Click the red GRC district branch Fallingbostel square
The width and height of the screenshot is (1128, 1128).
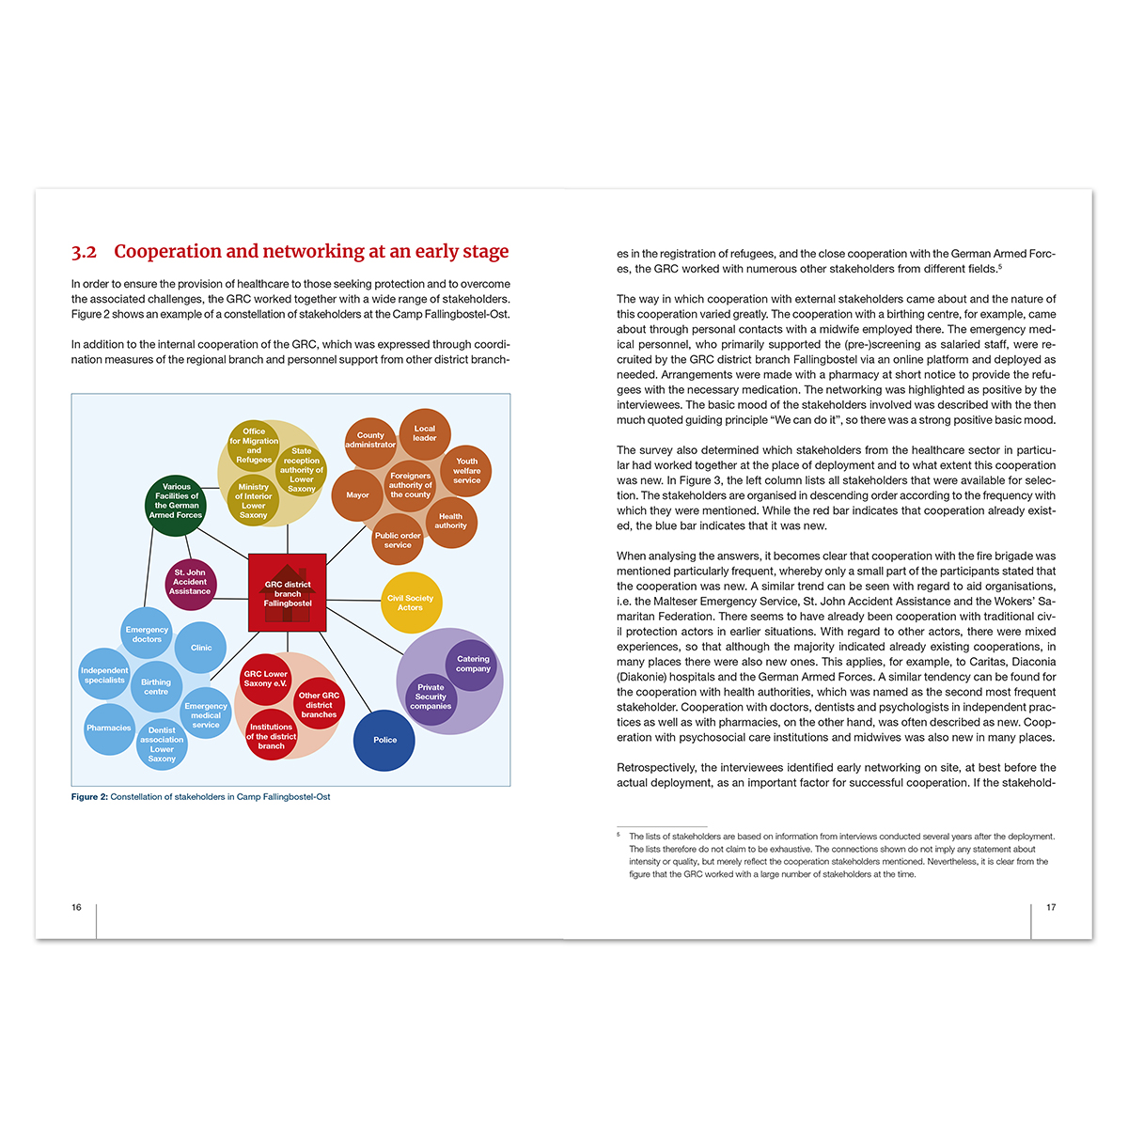click(288, 592)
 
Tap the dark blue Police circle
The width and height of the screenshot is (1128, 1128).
click(384, 740)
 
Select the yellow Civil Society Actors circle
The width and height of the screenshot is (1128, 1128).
click(411, 603)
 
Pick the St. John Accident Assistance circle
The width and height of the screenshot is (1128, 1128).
click(190, 582)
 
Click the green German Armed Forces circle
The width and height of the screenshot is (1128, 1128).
click(176, 501)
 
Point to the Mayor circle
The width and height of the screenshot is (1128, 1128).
click(357, 495)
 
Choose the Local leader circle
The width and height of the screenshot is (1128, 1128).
click(425, 433)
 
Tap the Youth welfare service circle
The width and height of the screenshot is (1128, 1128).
click(466, 471)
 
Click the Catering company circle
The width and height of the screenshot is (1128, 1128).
click(473, 664)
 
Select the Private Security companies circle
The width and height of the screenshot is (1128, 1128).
click(431, 697)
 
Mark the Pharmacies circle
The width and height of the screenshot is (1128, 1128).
click(109, 728)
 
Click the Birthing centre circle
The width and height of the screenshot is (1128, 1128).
click(156, 687)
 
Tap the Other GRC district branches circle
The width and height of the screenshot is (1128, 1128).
click(319, 704)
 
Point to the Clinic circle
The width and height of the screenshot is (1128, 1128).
click(201, 648)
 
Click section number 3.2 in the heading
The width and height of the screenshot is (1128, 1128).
click(84, 252)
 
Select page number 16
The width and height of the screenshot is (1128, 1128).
click(76, 907)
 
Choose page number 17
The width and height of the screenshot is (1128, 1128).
click(1051, 907)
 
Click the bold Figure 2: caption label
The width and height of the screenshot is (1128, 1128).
click(89, 797)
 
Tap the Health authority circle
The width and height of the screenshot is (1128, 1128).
click(450, 521)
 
